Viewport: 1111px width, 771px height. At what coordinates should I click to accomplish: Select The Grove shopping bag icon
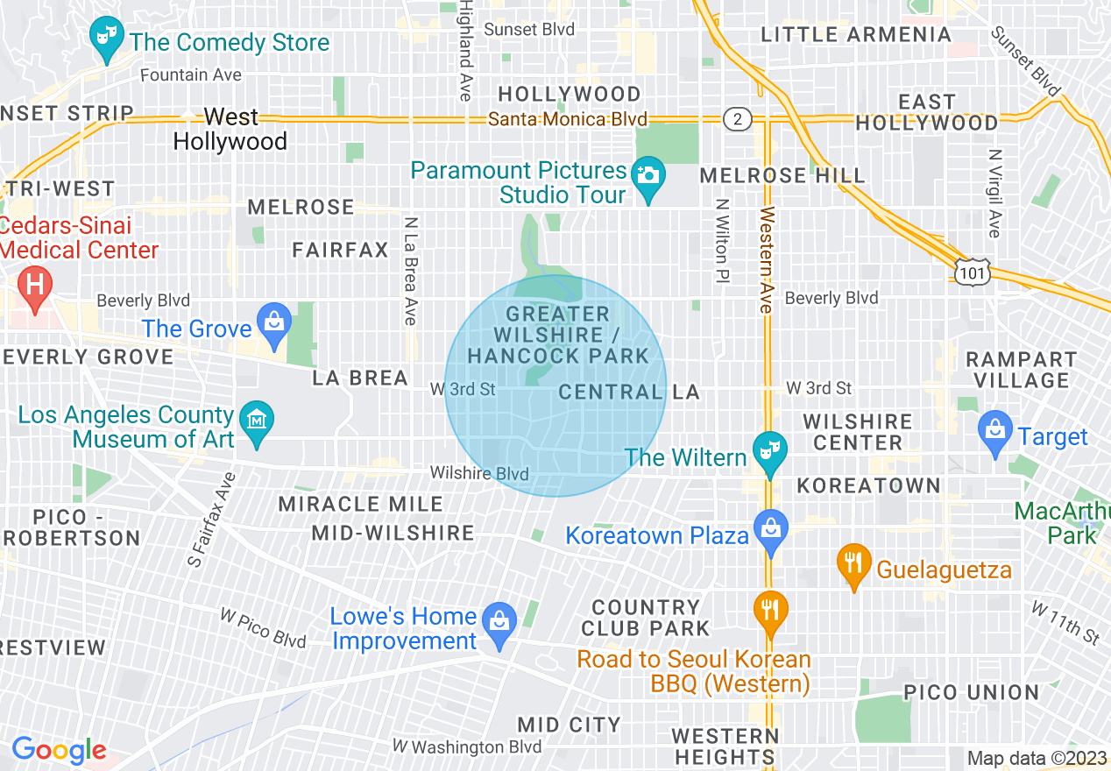(274, 323)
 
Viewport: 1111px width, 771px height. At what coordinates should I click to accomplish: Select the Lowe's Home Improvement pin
(499, 626)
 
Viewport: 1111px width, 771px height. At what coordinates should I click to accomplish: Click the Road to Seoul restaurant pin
(770, 612)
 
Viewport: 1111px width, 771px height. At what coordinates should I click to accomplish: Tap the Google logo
(59, 750)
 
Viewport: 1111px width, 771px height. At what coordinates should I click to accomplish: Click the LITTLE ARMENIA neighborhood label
(855, 35)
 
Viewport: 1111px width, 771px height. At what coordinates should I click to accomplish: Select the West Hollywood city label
(230, 129)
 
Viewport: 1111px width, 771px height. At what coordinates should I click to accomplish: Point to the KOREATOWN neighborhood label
(867, 485)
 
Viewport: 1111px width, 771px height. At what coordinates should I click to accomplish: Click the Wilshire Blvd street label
(479, 473)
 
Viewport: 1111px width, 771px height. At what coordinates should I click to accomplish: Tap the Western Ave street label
(767, 260)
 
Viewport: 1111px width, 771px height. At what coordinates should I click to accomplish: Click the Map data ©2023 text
(1035, 758)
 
